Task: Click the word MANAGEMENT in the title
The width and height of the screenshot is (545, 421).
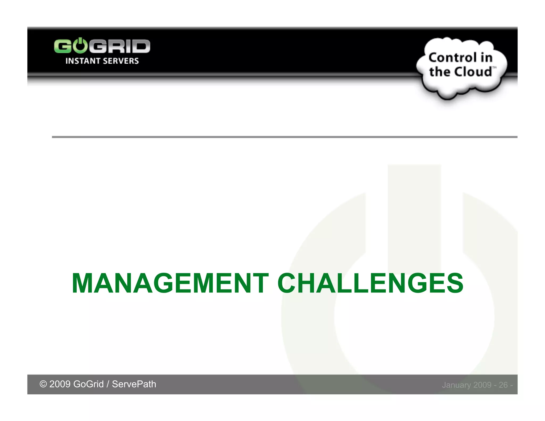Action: click(x=170, y=283)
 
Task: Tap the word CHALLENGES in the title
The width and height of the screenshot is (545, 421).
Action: click(x=370, y=283)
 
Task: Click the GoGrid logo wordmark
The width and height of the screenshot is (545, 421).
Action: click(x=102, y=46)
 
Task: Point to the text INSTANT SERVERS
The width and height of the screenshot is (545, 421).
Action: click(x=102, y=61)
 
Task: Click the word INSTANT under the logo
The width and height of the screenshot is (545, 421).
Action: click(x=82, y=61)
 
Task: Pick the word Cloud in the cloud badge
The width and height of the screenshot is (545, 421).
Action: click(x=473, y=72)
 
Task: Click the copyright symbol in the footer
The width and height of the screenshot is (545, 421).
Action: click(x=43, y=384)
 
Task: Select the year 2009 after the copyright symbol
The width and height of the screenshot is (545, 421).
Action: click(x=60, y=384)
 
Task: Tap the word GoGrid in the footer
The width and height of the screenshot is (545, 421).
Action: click(x=88, y=384)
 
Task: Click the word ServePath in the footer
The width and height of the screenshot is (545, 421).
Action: click(x=134, y=384)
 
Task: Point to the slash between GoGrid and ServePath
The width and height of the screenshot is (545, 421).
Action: click(x=108, y=384)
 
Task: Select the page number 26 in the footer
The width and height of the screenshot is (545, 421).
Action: click(x=503, y=385)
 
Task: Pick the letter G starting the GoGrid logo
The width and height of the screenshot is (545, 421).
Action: click(x=62, y=46)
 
